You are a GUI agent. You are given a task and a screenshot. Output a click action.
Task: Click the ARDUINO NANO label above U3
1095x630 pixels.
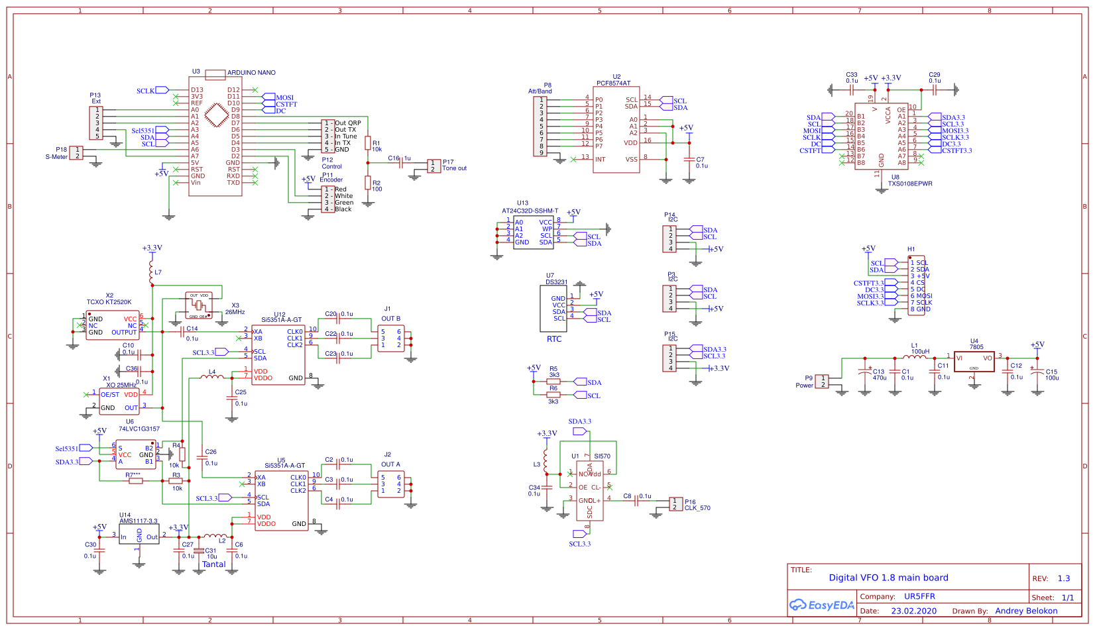pyautogui.click(x=251, y=73)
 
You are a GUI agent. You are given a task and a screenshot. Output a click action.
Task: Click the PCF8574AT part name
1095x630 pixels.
pyautogui.click(x=613, y=83)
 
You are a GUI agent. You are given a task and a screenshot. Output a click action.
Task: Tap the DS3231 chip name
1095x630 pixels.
pyautogui.click(x=556, y=282)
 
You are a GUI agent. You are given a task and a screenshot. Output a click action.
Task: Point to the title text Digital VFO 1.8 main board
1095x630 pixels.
pyautogui.click(x=888, y=578)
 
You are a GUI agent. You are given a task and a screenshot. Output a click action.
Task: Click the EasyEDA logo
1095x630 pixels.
pyautogui.click(x=822, y=605)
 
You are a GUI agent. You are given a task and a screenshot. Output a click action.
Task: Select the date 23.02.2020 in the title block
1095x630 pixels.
pyautogui.click(x=913, y=611)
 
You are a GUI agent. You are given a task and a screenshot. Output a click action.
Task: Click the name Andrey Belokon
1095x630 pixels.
pyautogui.click(x=1026, y=611)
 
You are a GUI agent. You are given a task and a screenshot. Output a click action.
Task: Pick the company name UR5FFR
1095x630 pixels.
pyautogui.click(x=919, y=596)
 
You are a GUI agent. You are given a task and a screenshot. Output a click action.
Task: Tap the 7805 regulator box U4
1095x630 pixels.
pyautogui.click(x=974, y=361)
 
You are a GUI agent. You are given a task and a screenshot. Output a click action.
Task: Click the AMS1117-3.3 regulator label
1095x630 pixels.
pyautogui.click(x=139, y=521)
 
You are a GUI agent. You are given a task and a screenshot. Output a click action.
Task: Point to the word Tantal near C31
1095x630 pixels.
pyautogui.click(x=214, y=564)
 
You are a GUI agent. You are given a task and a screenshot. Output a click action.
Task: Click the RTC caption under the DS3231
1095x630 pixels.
pyautogui.click(x=554, y=339)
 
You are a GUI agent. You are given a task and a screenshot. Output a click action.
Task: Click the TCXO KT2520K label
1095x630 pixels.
pyautogui.click(x=109, y=302)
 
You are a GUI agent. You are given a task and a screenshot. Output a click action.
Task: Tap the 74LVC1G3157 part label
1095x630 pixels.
pyautogui.click(x=139, y=429)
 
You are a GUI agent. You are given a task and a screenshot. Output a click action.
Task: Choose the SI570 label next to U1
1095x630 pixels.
pyautogui.click(x=602, y=456)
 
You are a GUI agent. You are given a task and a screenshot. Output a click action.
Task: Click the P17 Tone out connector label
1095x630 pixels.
pyautogui.click(x=454, y=165)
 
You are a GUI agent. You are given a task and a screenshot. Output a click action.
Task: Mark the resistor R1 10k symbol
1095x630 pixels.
pyautogui.click(x=368, y=143)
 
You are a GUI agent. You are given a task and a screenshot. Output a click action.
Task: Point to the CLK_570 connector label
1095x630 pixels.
pyautogui.click(x=697, y=508)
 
